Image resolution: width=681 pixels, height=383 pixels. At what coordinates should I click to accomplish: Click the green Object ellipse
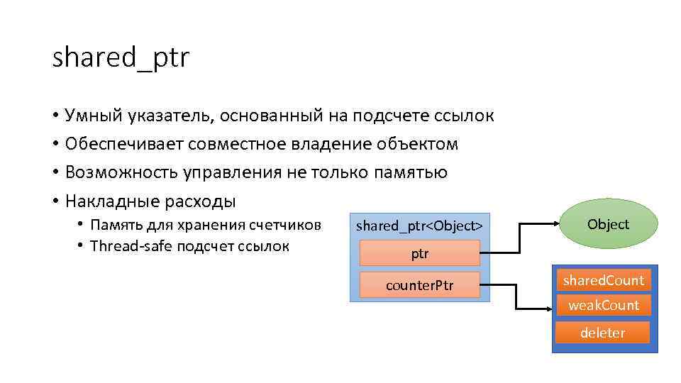(608, 224)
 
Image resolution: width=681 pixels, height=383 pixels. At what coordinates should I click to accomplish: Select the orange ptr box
(419, 253)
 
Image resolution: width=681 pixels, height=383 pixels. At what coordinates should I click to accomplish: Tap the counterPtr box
(419, 285)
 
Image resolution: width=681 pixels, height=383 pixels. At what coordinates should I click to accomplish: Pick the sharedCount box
(603, 280)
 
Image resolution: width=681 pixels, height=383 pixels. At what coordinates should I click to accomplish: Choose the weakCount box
(603, 305)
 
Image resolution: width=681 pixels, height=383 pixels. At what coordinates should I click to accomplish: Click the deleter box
(603, 333)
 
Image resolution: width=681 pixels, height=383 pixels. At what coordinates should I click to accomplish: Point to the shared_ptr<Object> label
(419, 226)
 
